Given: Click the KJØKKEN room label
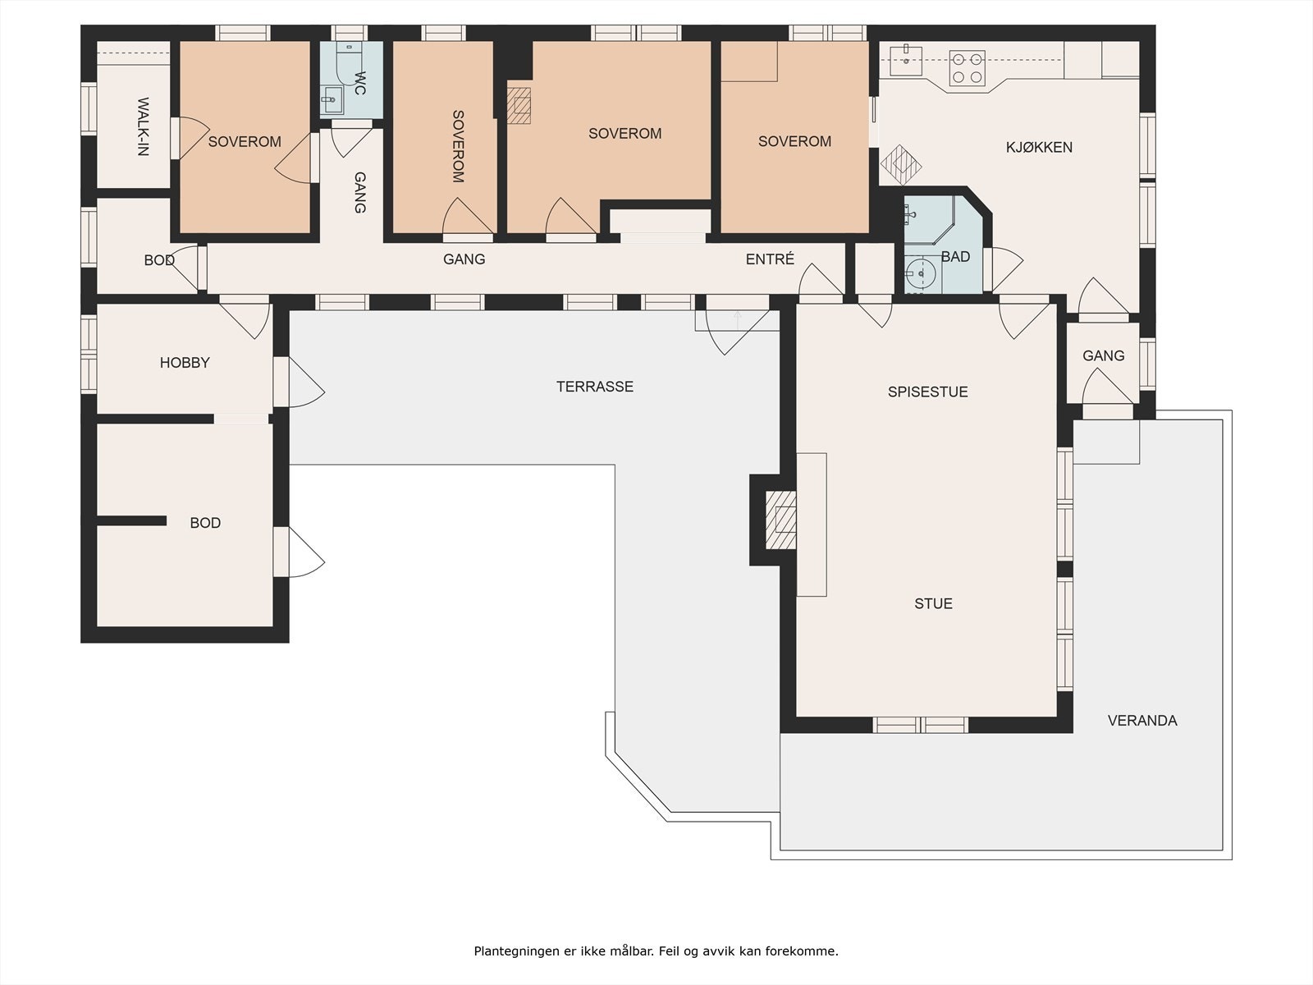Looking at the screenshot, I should tap(1039, 148).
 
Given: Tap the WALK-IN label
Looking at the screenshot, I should tap(143, 126).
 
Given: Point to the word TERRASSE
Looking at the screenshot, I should tap(595, 387).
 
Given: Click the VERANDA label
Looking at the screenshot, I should tap(1142, 721).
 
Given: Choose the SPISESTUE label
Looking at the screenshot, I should tap(927, 392).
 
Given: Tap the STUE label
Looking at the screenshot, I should tap(933, 604).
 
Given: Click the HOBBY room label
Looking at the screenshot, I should tap(185, 363).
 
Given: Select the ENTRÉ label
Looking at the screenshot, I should tap(770, 259).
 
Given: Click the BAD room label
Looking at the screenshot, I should tap(955, 257).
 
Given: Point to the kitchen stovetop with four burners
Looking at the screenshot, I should tap(967, 68).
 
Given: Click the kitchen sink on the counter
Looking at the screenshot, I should tap(905, 58).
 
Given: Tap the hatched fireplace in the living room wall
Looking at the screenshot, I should tap(780, 520).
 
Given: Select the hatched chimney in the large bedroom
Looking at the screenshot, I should tap(519, 105).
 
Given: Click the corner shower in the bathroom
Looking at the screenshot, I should tap(927, 218).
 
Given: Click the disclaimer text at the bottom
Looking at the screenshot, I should tap(656, 951).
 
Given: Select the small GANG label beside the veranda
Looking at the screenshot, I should tap(1103, 356).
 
